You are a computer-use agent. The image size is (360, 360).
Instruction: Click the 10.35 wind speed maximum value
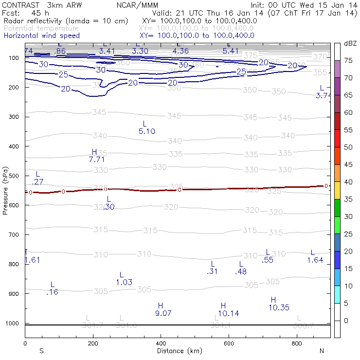click(279, 307)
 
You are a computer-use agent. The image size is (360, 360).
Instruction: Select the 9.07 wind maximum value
click(163, 313)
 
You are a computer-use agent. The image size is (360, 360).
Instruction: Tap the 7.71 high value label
click(96, 159)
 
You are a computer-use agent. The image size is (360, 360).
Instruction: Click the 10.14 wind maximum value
click(228, 313)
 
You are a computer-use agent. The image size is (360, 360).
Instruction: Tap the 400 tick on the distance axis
click(161, 343)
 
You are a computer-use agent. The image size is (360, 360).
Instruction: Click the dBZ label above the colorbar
click(350, 43)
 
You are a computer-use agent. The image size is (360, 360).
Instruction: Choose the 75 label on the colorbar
click(348, 60)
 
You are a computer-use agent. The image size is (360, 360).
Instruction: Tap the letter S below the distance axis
click(41, 351)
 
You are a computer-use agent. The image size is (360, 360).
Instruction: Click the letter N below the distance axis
click(321, 351)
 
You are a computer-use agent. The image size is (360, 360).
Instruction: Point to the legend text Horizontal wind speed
click(41, 36)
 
